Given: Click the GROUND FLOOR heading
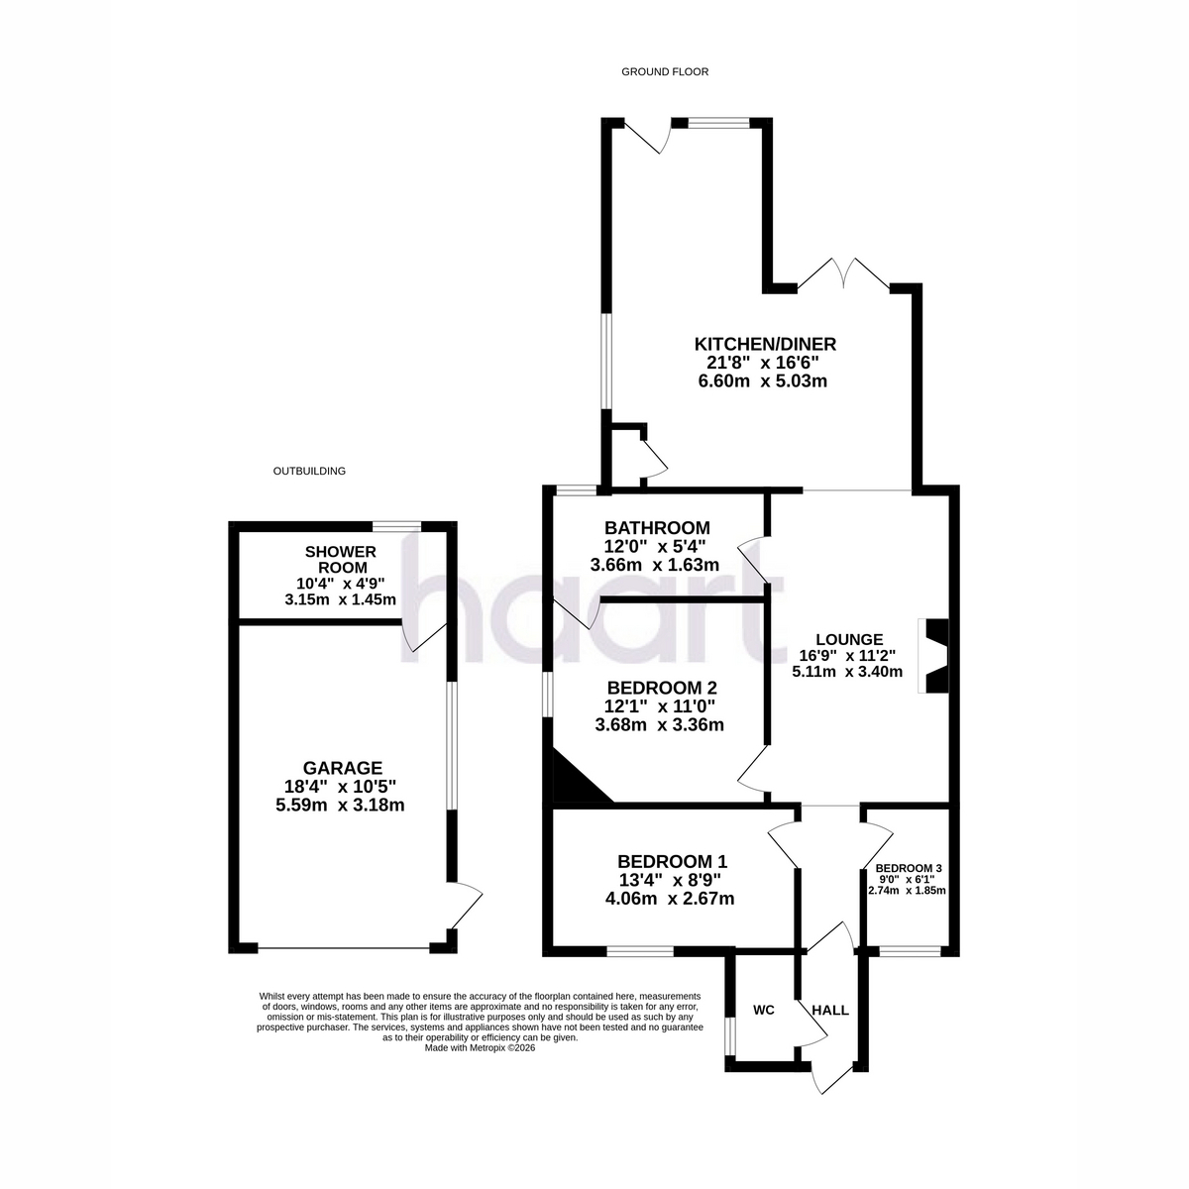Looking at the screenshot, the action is click(665, 72).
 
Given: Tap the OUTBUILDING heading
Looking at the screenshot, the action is click(309, 472).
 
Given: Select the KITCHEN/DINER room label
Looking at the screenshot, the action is click(765, 344).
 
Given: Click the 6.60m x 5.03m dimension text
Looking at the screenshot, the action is click(763, 381).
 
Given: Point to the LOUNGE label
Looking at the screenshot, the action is click(849, 640).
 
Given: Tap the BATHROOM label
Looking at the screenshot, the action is click(657, 528).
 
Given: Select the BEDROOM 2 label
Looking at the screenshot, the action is click(662, 688).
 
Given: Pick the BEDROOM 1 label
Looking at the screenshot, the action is click(673, 861).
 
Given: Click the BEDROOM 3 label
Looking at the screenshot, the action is click(909, 868).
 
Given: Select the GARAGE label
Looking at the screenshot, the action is click(343, 768).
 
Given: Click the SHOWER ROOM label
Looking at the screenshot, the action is click(341, 560).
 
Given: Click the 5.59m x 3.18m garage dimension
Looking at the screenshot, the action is click(340, 806).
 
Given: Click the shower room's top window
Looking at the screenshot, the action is click(396, 526).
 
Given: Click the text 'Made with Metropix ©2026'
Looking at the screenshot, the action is click(480, 1047).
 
